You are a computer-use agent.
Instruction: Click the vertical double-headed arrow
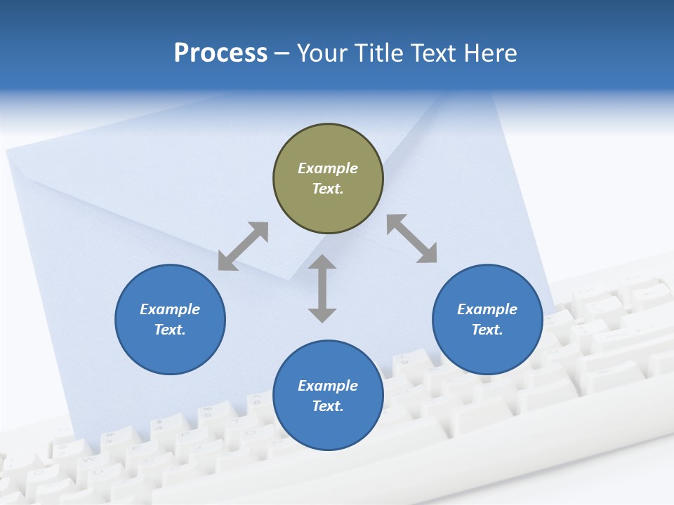point(322,289)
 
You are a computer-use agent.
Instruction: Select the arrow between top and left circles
point(243,246)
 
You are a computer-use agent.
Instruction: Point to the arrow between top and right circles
point(411,238)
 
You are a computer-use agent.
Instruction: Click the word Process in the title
point(220,53)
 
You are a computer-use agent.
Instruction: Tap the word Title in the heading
point(380,53)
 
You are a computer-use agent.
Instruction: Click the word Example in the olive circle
point(328,168)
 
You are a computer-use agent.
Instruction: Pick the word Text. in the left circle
point(170,330)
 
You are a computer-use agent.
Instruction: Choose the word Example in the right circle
point(487,309)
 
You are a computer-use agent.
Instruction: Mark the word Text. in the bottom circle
point(328,406)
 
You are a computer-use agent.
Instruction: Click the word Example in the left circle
point(170,309)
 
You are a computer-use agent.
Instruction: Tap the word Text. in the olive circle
point(328,189)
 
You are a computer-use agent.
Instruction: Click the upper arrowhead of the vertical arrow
point(322,262)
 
